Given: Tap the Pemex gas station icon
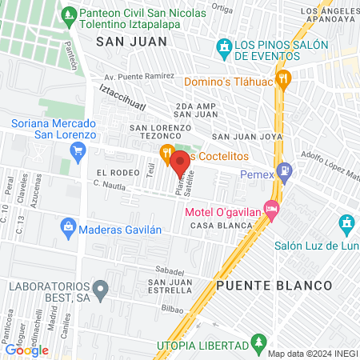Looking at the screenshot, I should [x=286, y=173].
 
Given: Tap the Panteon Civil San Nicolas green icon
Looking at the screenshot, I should [x=70, y=14].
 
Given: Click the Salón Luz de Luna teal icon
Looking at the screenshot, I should [x=345, y=222].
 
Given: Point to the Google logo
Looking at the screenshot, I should [x=26, y=350].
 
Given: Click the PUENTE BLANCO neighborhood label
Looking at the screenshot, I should [x=274, y=285].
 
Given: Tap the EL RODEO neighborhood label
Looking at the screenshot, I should [x=113, y=172].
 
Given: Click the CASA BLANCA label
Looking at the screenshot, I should [x=211, y=226].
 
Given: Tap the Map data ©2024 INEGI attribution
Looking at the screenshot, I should [x=312, y=354].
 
